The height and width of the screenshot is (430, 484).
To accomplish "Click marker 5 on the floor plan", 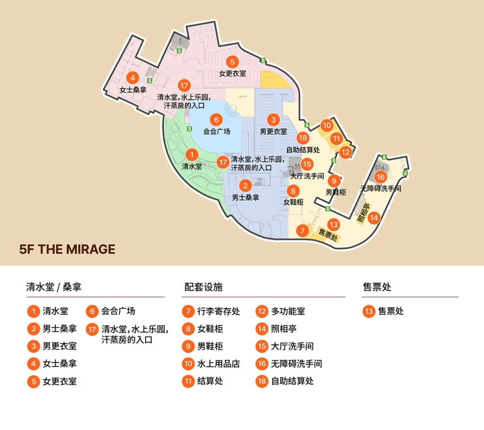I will (232, 62).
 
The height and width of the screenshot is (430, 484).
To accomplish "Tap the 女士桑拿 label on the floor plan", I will (132, 89).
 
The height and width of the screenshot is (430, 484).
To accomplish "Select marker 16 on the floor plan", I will (380, 177).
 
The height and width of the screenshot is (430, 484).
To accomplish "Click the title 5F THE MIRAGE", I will (67, 249).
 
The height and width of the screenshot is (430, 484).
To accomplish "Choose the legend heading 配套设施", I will (203, 287).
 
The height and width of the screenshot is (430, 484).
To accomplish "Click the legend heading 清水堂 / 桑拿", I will (56, 287).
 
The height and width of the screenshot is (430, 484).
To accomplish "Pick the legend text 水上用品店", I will (218, 364).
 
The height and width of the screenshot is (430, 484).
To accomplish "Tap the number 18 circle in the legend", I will (262, 381).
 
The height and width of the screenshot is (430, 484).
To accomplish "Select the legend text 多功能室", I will (288, 312).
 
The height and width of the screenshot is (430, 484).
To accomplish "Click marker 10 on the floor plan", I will (327, 125).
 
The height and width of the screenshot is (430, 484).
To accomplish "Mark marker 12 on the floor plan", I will (346, 152).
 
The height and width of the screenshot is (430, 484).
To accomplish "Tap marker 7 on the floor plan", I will (302, 231).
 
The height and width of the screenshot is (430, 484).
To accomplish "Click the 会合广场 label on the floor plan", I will (216, 132).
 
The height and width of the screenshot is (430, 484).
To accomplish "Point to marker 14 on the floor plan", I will (374, 218).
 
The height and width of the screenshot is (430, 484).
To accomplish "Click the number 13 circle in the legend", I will (369, 312).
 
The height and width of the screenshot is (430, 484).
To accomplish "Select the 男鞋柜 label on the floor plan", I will (336, 192).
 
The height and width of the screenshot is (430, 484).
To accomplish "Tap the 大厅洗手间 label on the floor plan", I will (307, 176).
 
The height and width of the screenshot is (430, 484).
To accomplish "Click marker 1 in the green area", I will (191, 155).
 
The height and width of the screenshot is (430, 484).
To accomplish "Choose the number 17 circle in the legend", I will (92, 329).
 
